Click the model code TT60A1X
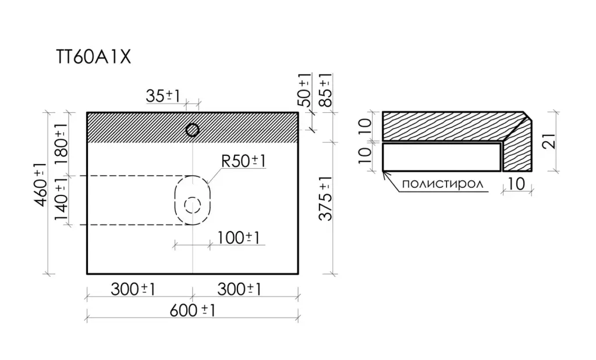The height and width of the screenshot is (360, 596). tap(94, 58)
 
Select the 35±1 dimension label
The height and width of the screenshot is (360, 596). tap(163, 96)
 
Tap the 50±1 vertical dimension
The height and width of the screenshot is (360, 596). tap(304, 90)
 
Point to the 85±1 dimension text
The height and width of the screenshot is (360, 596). tap(325, 90)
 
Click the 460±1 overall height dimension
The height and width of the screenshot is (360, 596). tap(40, 184)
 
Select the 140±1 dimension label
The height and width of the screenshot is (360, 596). tap(61, 199)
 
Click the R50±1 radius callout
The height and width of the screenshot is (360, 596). tap(243, 161)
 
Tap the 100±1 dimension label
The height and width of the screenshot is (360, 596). tap(238, 238)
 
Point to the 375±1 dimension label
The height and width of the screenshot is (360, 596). tap(325, 198)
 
